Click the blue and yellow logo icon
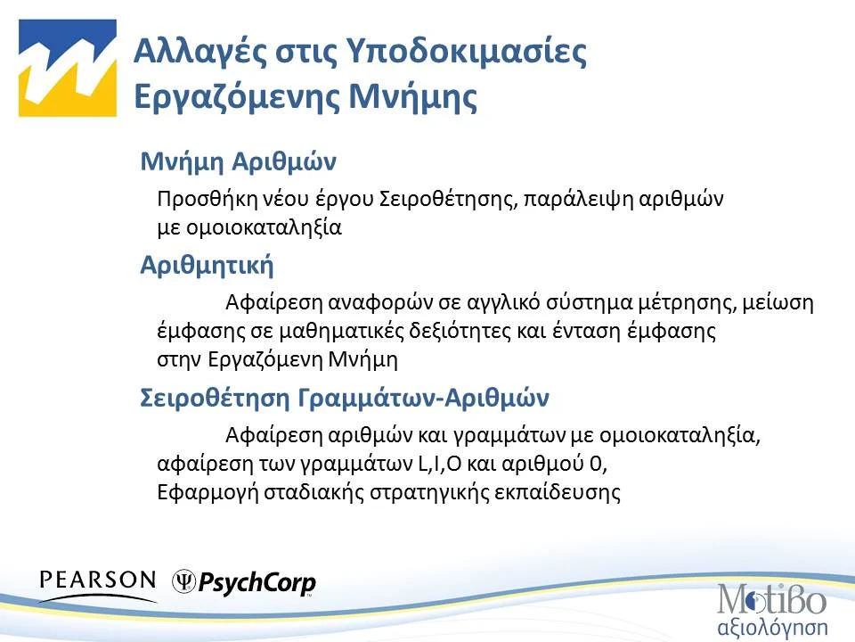(x=68, y=69)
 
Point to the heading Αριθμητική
(x=207, y=266)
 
